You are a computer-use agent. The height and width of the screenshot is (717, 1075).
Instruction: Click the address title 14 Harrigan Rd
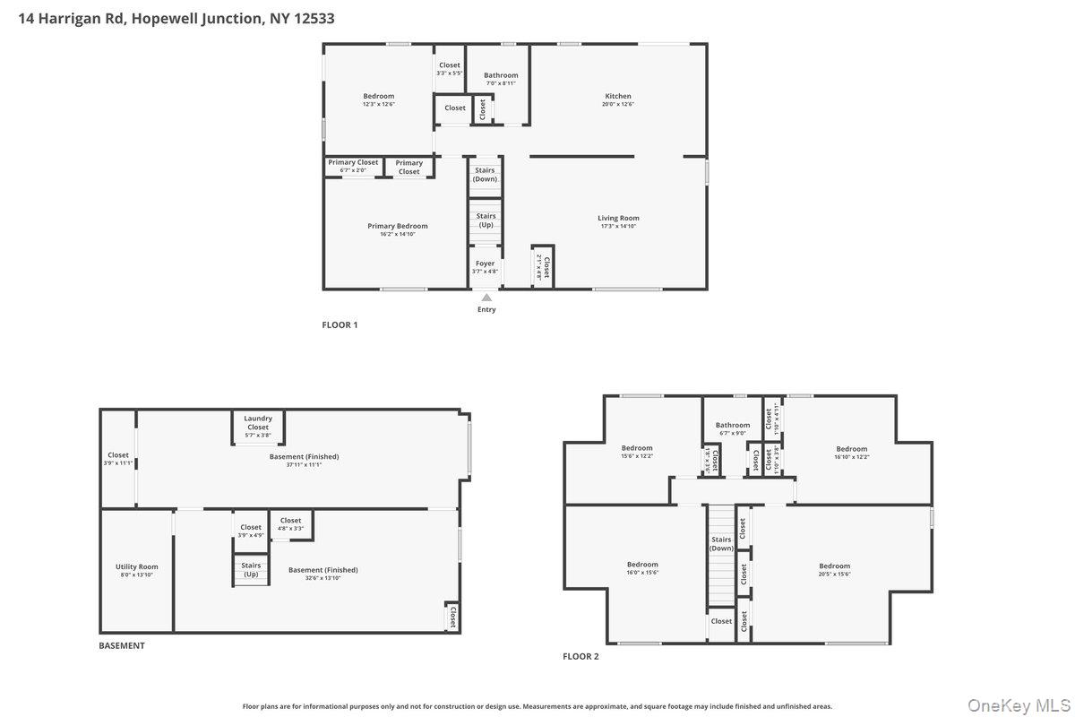pyautogui.click(x=176, y=18)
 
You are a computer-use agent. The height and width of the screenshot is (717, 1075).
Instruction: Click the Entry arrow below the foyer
pyautogui.click(x=486, y=298)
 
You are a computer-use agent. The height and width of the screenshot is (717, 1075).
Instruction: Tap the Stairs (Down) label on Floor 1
pyautogui.click(x=485, y=174)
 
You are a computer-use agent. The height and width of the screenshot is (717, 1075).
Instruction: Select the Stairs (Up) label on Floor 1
pyautogui.click(x=486, y=220)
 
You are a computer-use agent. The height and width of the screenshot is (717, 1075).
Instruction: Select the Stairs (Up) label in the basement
pyautogui.click(x=251, y=570)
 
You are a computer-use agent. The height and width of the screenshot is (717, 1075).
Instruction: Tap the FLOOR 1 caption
pyautogui.click(x=340, y=325)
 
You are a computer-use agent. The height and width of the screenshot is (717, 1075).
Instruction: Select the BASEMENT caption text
pyautogui.click(x=121, y=646)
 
